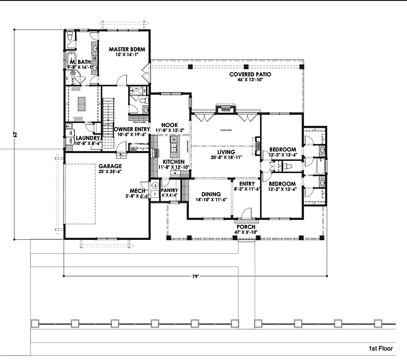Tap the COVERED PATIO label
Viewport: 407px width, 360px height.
250,75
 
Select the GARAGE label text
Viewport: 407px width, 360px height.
110,166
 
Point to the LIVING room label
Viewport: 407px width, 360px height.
226,152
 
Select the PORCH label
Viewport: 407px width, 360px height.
246,227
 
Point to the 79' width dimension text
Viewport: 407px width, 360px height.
195,277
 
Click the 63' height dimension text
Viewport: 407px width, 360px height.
15,134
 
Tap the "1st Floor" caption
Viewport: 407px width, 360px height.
381,349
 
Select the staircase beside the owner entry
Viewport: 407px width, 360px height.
108,122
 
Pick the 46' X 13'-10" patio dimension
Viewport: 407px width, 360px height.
250,80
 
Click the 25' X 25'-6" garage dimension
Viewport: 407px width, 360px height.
110,171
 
